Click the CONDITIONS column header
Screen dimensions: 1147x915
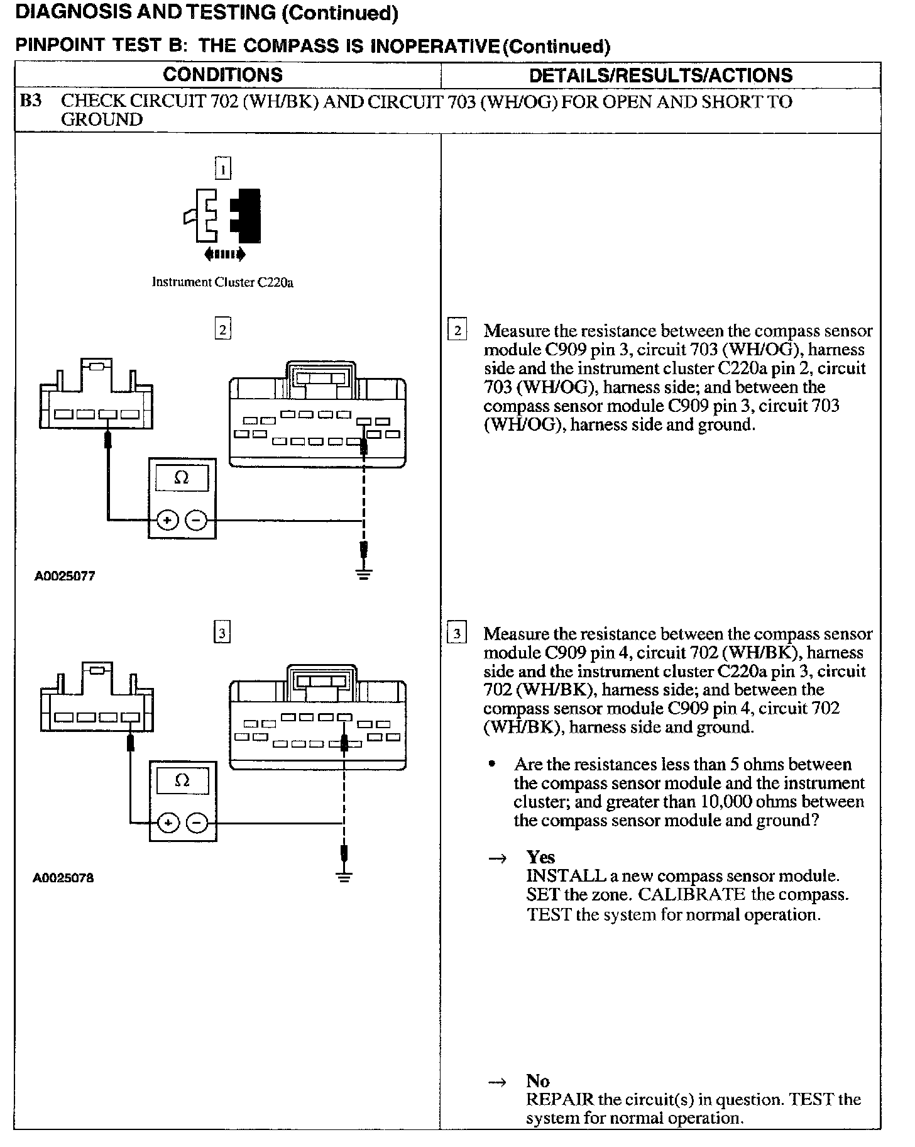tap(222, 75)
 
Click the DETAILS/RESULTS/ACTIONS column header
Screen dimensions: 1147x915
tap(660, 75)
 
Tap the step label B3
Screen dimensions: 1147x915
tap(31, 101)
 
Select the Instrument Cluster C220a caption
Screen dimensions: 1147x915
tap(222, 282)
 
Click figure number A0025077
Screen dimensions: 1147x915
tap(65, 576)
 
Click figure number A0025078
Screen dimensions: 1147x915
tap(63, 878)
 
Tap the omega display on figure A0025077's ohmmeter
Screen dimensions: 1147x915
tap(182, 479)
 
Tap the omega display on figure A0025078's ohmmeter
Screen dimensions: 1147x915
tap(182, 781)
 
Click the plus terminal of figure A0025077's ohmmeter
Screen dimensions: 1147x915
tap(167, 520)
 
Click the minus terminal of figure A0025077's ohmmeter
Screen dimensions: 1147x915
tap(196, 520)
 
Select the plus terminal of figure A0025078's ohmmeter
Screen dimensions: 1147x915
tap(168, 823)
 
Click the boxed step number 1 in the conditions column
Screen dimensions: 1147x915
tap(223, 169)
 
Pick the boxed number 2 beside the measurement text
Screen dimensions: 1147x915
tap(457, 331)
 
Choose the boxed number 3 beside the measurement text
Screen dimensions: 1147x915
tap(457, 633)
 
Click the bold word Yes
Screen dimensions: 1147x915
tap(540, 857)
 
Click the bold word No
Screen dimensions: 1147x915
tap(538, 1081)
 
